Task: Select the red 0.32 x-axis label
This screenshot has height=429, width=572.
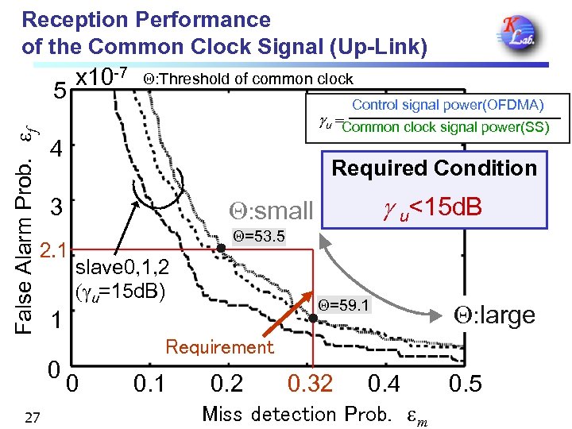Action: click(311, 385)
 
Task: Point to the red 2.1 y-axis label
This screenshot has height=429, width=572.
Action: click(56, 251)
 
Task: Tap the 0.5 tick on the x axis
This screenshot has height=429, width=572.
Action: click(466, 385)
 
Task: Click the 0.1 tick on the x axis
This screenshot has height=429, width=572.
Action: click(149, 385)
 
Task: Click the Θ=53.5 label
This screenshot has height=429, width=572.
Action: click(257, 237)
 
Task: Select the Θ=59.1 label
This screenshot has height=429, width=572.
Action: click(343, 305)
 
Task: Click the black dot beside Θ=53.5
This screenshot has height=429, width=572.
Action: click(222, 248)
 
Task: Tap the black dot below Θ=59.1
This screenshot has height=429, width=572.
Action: click(313, 319)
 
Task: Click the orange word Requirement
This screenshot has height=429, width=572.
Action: click(219, 347)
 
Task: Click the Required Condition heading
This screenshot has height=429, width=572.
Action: click(434, 168)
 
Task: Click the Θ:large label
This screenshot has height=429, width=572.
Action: click(493, 315)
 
